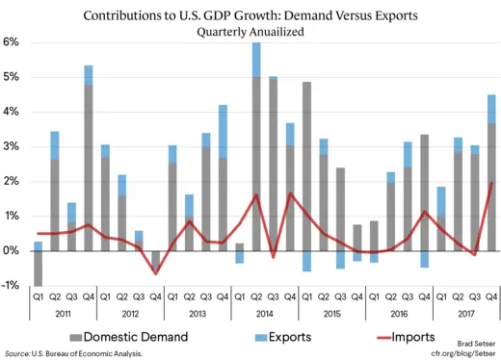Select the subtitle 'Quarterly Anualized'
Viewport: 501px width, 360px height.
(x=250, y=32)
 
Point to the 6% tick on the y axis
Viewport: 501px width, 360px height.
(x=12, y=42)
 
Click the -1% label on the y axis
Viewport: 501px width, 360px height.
(x=12, y=285)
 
